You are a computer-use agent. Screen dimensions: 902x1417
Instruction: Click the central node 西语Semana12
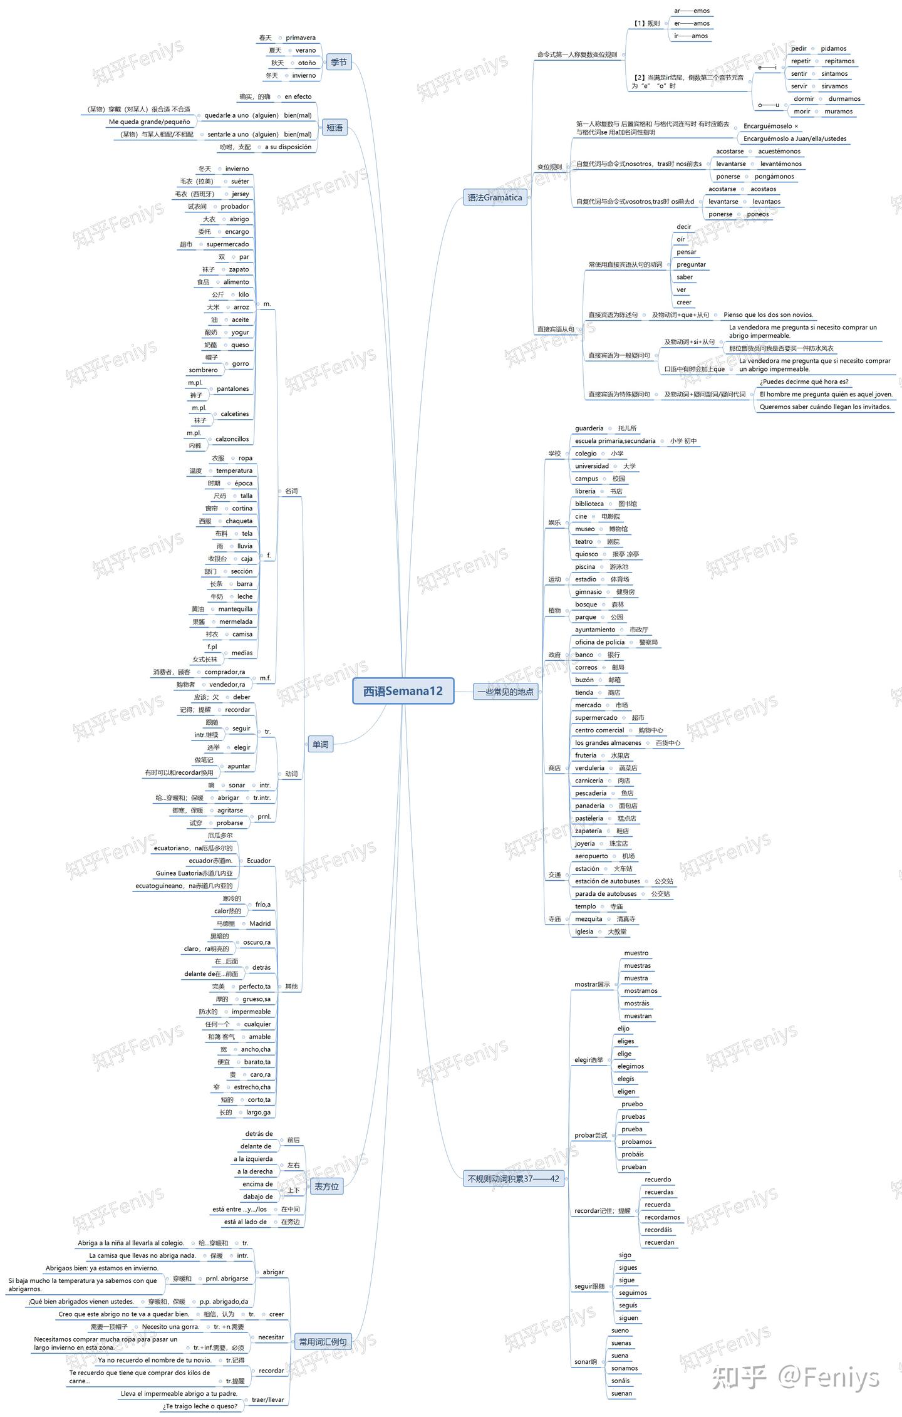click(x=403, y=691)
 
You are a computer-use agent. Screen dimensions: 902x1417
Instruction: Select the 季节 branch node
click(x=339, y=62)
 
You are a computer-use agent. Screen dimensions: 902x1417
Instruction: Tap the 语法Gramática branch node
click(x=494, y=197)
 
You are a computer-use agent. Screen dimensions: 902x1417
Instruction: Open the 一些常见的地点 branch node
click(x=505, y=692)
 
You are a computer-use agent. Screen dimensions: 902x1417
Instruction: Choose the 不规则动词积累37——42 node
click(x=513, y=1178)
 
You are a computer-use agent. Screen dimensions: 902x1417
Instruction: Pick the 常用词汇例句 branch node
click(x=322, y=1341)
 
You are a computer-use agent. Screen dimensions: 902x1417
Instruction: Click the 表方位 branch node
click(x=326, y=1186)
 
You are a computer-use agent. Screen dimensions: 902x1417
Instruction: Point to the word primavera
click(x=301, y=38)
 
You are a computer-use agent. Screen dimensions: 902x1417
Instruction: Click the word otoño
click(x=307, y=63)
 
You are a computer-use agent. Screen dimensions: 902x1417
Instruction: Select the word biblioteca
click(x=589, y=504)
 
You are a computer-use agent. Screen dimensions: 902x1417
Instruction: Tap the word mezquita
click(x=589, y=919)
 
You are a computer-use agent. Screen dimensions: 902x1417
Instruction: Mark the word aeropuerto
click(x=591, y=856)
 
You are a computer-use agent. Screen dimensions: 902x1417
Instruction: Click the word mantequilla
click(x=236, y=609)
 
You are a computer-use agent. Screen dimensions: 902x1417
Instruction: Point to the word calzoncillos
click(x=232, y=439)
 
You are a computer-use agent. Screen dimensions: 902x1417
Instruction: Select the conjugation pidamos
click(x=833, y=48)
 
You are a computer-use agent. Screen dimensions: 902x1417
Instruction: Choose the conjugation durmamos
click(x=844, y=98)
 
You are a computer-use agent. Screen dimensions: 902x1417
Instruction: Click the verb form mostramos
click(x=641, y=990)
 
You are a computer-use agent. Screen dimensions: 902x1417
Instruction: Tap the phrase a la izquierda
click(x=253, y=1159)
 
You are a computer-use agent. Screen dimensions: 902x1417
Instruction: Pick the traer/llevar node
click(x=267, y=1399)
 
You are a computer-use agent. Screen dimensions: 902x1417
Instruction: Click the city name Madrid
click(x=260, y=923)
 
